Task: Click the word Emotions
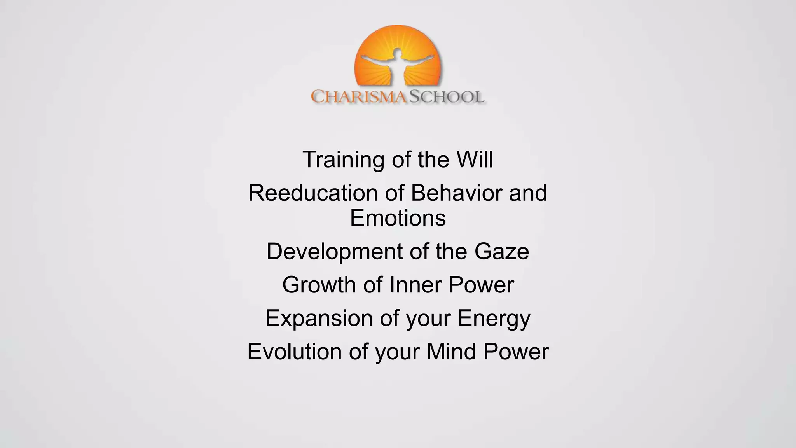coord(398,218)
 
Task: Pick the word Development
coord(334,252)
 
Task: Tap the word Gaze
coord(501,251)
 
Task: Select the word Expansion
coord(319,318)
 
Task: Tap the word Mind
coord(451,352)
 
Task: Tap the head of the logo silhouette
coord(397,52)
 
